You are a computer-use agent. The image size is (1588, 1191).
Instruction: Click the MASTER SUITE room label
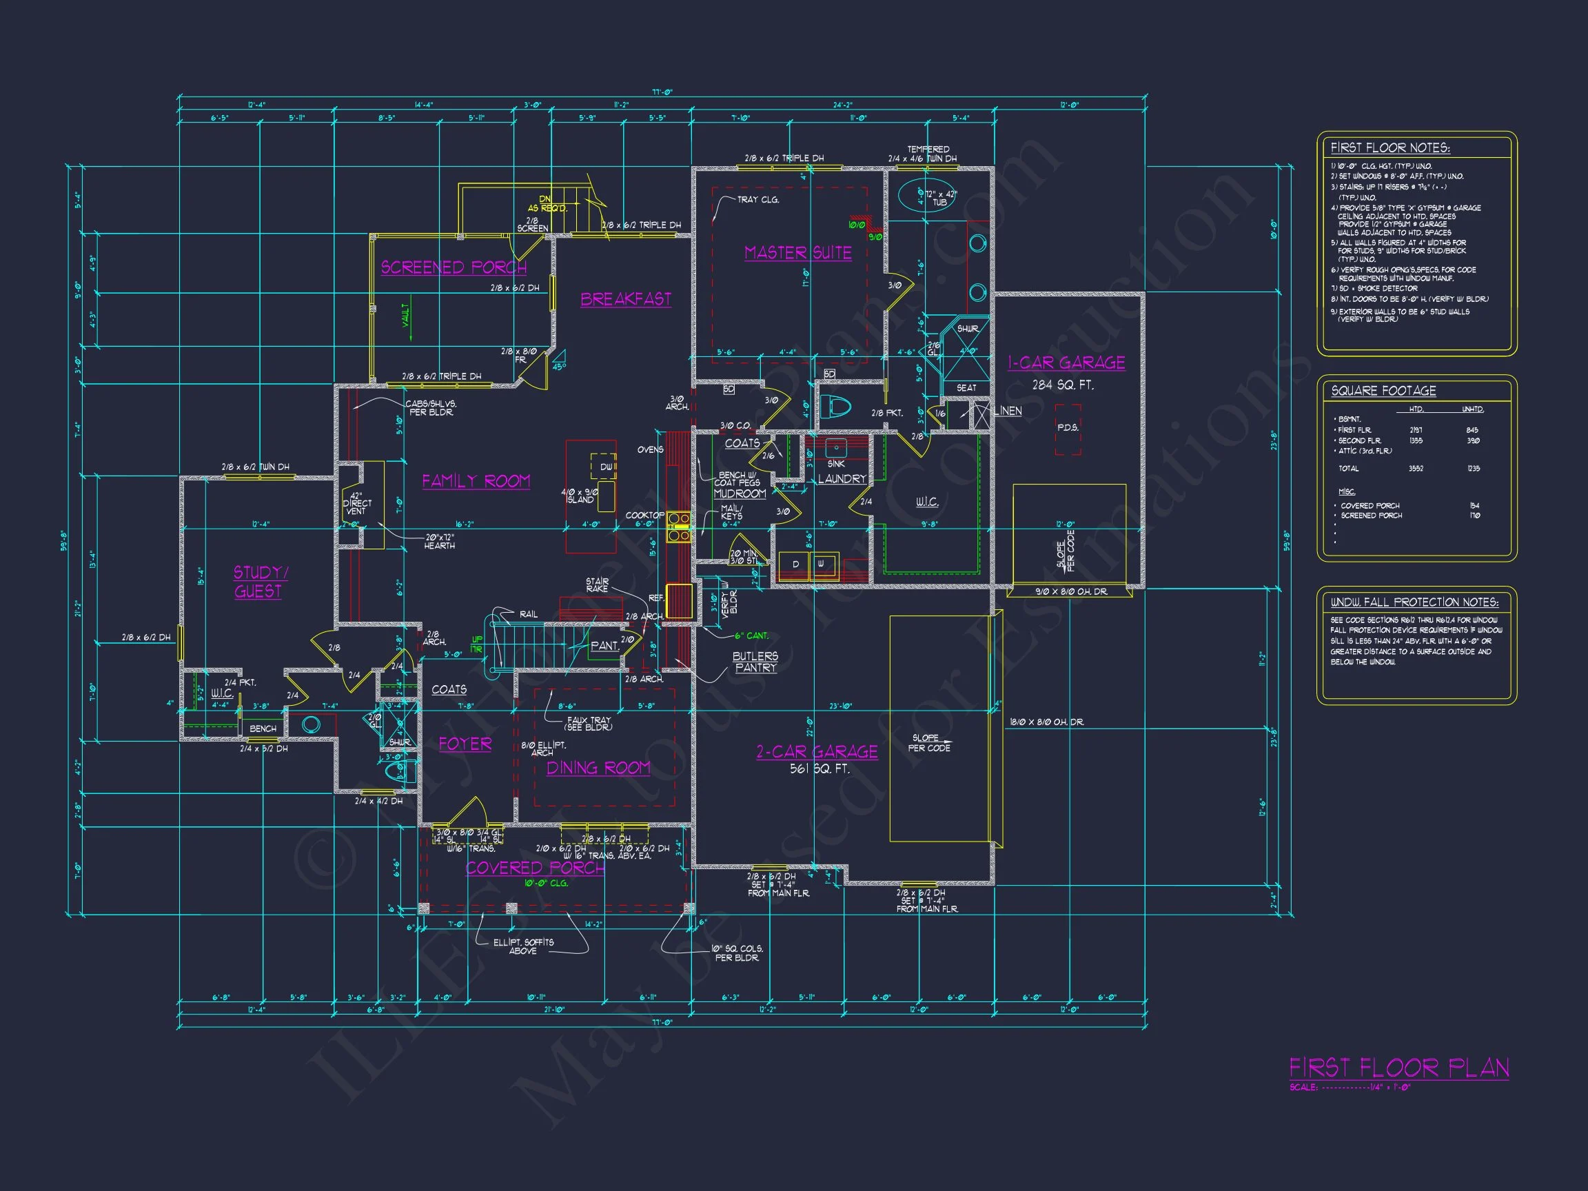pyautogui.click(x=797, y=253)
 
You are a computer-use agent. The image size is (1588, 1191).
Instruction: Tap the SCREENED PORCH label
pyautogui.click(x=454, y=267)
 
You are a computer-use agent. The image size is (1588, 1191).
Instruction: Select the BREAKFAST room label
pyautogui.click(x=626, y=298)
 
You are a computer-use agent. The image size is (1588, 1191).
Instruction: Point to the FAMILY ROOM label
pyautogui.click(x=476, y=481)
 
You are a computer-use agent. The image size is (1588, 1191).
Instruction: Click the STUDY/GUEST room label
pyautogui.click(x=259, y=582)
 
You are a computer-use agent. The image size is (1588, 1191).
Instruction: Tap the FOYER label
pyautogui.click(x=465, y=744)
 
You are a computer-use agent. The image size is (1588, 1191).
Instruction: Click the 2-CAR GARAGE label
pyautogui.click(x=817, y=752)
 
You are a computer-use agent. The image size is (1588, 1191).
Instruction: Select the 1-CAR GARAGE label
pyautogui.click(x=1066, y=363)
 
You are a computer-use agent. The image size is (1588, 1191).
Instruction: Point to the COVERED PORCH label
pyautogui.click(x=535, y=868)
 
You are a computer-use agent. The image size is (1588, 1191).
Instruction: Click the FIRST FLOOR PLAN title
pyautogui.click(x=1398, y=1068)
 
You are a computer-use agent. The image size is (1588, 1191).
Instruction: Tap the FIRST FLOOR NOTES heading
pyautogui.click(x=1390, y=148)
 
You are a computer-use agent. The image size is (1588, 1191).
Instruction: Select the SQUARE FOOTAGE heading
pyautogui.click(x=1383, y=391)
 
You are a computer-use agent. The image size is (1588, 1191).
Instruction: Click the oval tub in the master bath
pyautogui.click(x=921, y=194)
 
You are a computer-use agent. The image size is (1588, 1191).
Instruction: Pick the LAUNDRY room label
pyautogui.click(x=842, y=479)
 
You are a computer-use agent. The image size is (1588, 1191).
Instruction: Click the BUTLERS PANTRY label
pyautogui.click(x=755, y=661)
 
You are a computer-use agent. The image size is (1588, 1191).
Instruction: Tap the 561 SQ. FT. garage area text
pyautogui.click(x=819, y=768)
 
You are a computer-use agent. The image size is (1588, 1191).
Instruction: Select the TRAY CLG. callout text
pyautogui.click(x=757, y=200)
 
